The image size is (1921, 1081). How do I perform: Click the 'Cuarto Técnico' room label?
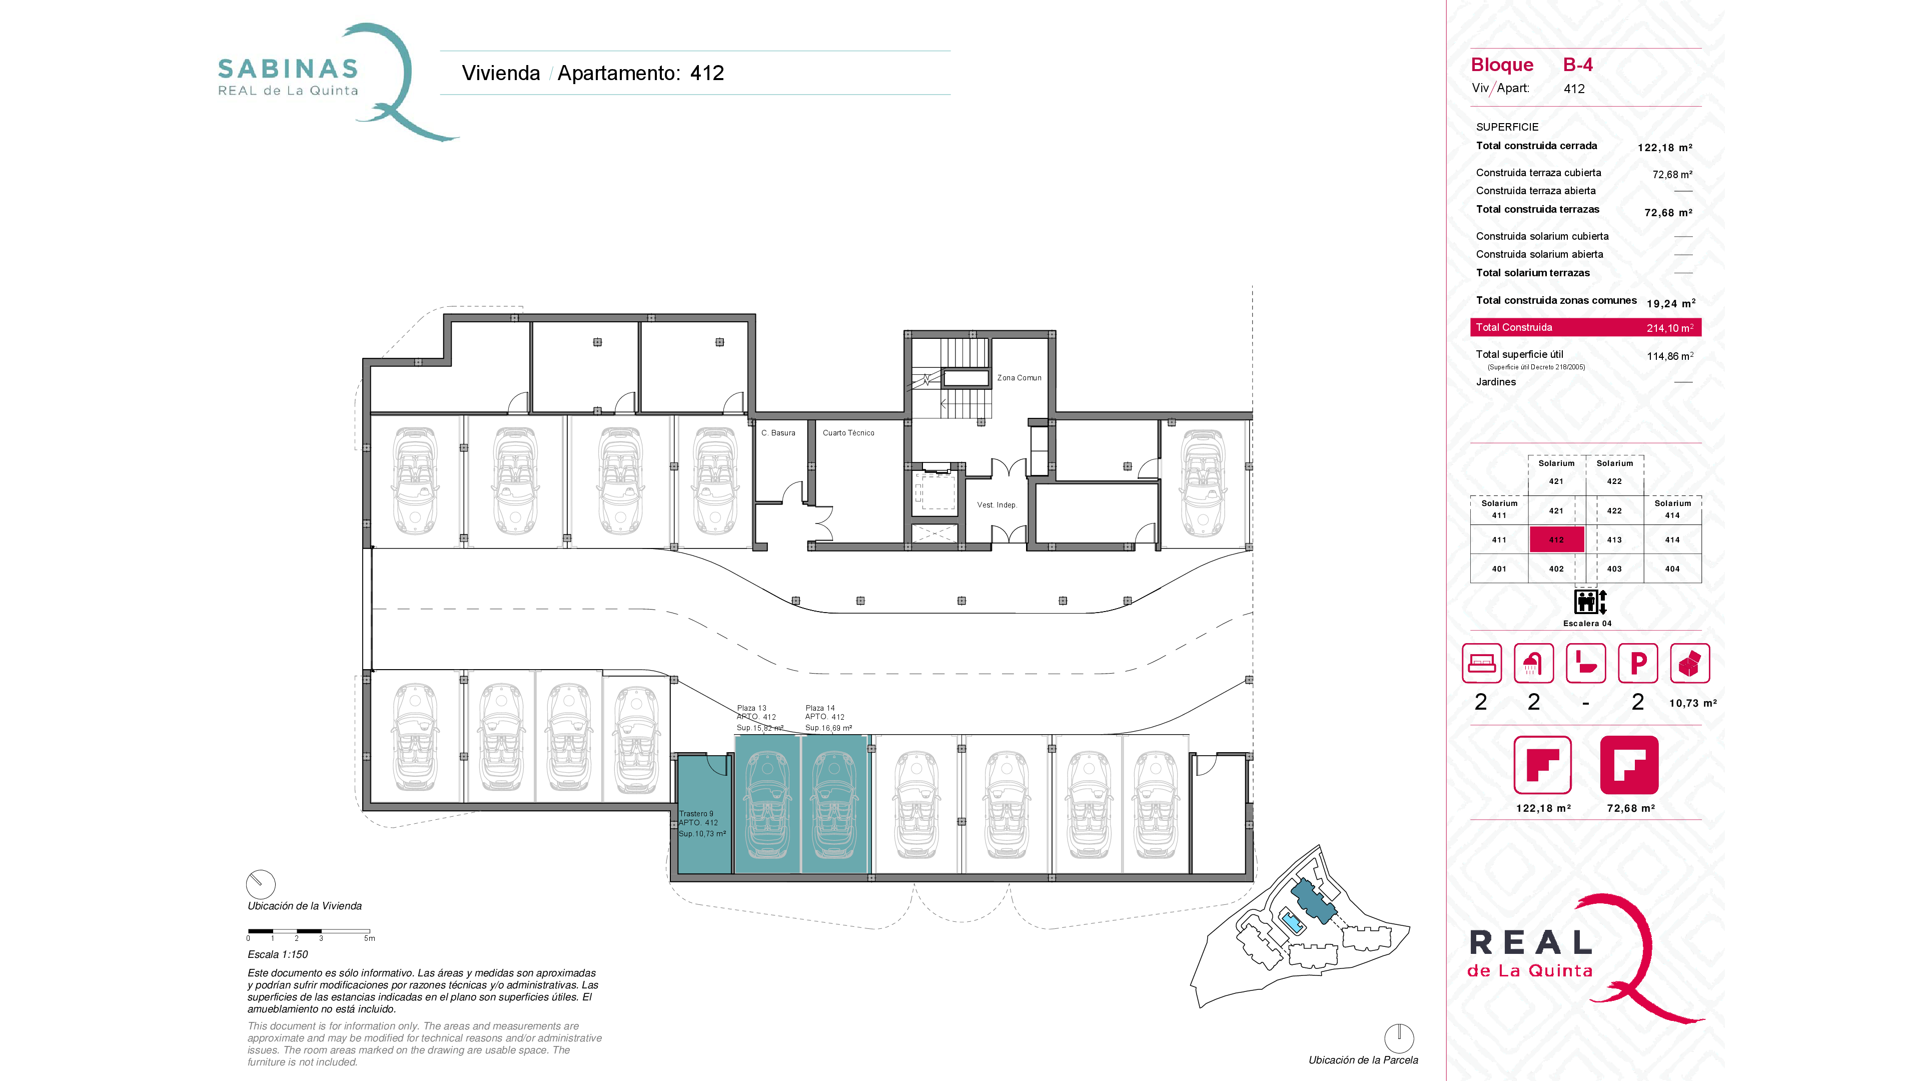[x=848, y=433]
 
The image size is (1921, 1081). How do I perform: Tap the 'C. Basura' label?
[x=778, y=433]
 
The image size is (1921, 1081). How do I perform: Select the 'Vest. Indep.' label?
[x=997, y=505]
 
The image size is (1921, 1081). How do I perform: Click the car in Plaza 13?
[x=767, y=804]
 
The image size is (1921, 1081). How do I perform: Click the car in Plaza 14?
[x=834, y=804]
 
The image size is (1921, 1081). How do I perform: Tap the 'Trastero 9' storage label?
[x=696, y=814]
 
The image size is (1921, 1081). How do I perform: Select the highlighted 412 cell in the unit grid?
[x=1556, y=539]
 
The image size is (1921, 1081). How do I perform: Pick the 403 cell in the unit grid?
[x=1614, y=569]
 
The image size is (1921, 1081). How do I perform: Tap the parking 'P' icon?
[x=1638, y=663]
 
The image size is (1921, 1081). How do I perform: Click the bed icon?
[x=1481, y=663]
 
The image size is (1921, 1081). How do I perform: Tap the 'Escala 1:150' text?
[x=278, y=954]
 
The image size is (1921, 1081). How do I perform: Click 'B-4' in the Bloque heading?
[x=1577, y=65]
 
